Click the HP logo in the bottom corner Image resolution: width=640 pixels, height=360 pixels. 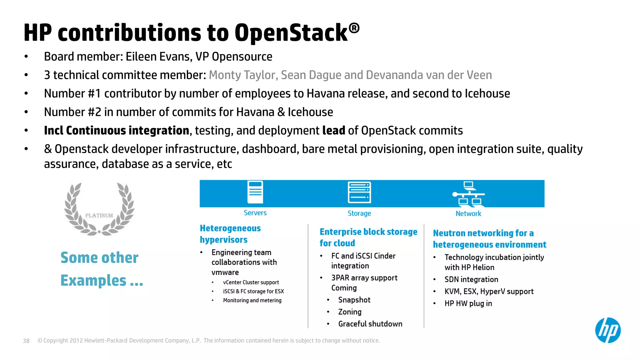pos(607,330)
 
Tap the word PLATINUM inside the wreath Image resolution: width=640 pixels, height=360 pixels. pos(99,216)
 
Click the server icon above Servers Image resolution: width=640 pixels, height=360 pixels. pos(255,192)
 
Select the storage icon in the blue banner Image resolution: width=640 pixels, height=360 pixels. pos(359,192)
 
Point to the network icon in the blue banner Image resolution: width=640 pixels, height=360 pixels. pos(468,194)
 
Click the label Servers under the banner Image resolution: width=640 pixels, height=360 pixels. pos(255,213)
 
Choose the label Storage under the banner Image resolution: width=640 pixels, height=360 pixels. pos(359,213)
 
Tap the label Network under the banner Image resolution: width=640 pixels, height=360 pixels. pos(468,214)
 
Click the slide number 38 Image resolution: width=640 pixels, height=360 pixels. pos(26,341)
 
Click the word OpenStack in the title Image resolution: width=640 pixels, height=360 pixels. pos(291,33)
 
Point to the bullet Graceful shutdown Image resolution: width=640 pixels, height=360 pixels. pos(370,324)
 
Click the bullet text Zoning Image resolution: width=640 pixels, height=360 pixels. pos(350,312)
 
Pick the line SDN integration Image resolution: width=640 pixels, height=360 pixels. pos(471,279)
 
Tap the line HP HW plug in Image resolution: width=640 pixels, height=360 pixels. pos(468,303)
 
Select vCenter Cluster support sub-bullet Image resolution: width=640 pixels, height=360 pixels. pos(251,282)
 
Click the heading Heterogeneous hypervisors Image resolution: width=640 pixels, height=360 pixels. pos(230,234)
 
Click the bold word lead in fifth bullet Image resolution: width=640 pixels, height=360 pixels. pos(333,131)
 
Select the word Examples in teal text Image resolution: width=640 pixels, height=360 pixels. pos(93,280)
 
